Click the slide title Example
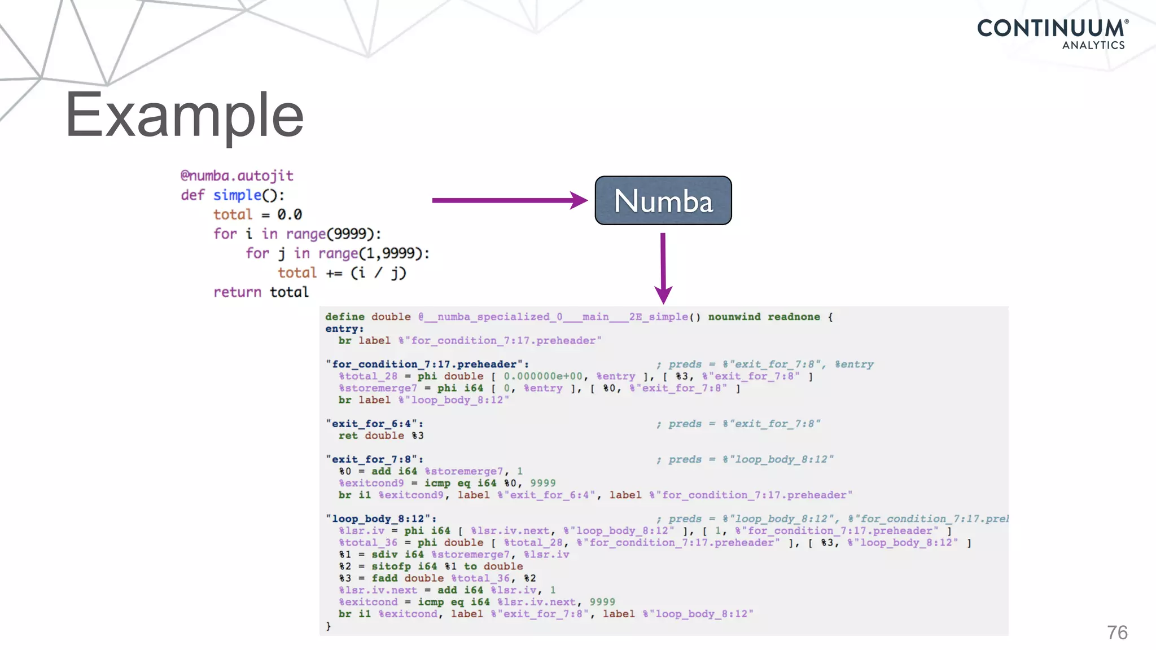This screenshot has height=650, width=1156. click(185, 115)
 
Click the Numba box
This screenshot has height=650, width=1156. click(663, 201)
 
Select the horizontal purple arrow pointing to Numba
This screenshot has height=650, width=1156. click(508, 200)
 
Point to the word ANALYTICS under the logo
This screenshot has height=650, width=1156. click(1093, 45)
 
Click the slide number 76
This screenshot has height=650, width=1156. click(1117, 633)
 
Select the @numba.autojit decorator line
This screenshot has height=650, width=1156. click(237, 175)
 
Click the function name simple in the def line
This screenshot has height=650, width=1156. click(237, 195)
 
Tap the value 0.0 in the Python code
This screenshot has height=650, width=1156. click(289, 214)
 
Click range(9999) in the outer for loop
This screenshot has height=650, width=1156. click(333, 234)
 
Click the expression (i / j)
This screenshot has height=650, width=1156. click(378, 273)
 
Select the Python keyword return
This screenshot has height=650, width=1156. click(237, 292)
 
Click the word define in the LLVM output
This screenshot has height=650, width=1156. click(344, 317)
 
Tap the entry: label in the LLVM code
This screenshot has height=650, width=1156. click(344, 328)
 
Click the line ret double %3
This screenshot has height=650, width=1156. click(381, 436)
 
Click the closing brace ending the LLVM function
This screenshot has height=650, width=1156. click(329, 626)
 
